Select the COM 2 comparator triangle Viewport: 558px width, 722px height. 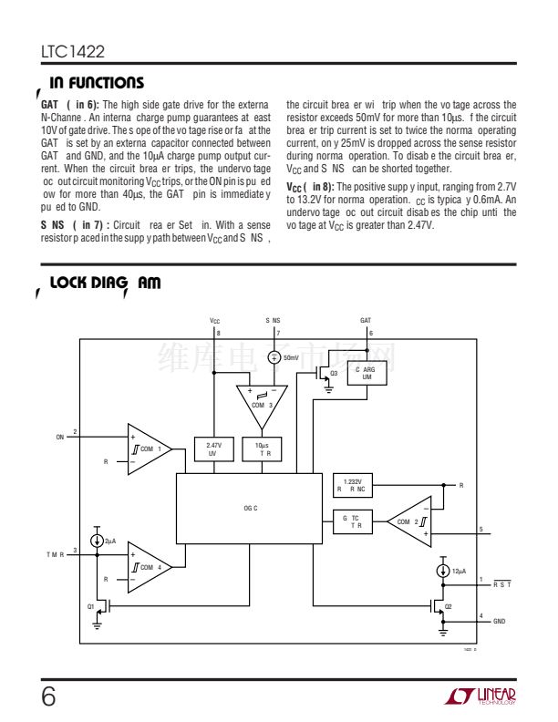coord(408,521)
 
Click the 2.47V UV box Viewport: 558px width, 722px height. coord(213,449)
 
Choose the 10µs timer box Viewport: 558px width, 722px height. coord(264,449)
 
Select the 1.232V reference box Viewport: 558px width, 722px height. coord(352,485)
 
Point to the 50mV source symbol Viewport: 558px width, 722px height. coord(274,358)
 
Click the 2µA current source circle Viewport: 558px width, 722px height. coord(97,541)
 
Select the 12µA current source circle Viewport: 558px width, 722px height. coord(442,571)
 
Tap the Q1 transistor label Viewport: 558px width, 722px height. coord(90,606)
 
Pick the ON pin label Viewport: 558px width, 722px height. coord(60,438)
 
